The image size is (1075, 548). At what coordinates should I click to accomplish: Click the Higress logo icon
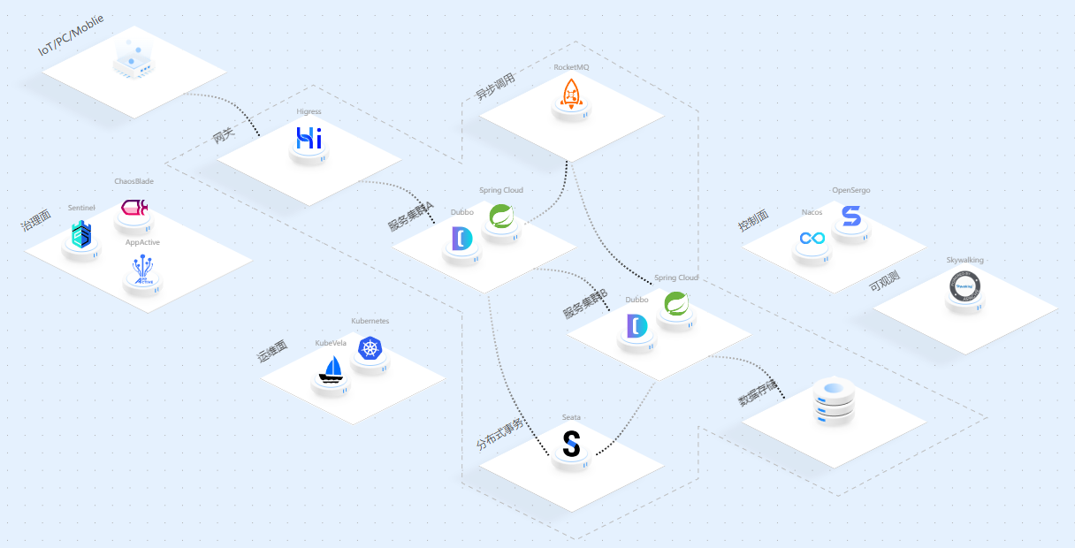[309, 139]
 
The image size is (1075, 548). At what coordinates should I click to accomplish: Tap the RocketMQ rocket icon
[571, 93]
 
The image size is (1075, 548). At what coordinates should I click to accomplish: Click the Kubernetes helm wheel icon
[370, 348]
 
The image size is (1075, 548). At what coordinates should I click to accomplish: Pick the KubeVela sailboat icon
[332, 369]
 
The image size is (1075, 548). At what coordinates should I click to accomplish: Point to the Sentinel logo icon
[81, 234]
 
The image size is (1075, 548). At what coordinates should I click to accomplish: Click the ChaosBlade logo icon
[133, 208]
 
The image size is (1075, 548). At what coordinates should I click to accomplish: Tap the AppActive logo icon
[142, 270]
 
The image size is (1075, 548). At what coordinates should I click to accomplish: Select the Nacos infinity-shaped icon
[812, 238]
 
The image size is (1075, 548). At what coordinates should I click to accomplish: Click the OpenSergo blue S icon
[850, 217]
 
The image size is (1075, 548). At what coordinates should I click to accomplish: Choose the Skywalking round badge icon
[964, 286]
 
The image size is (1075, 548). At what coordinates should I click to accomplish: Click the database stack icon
[834, 401]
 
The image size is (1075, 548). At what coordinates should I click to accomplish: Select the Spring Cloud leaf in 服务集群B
[676, 304]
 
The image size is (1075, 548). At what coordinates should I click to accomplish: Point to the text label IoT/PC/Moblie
[71, 35]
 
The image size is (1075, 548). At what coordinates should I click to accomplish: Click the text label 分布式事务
[499, 434]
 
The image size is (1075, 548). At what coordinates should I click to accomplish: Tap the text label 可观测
[884, 281]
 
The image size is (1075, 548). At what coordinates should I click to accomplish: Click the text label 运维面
[272, 353]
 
